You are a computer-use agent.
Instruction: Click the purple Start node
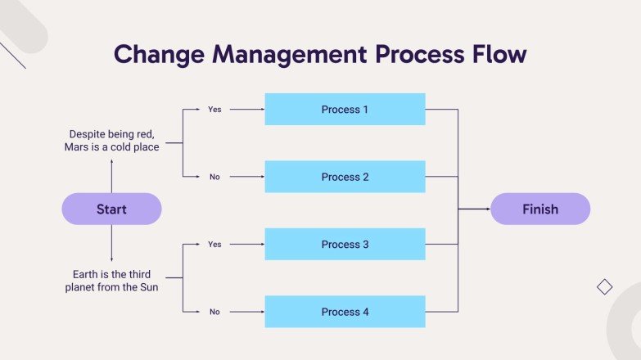(111, 209)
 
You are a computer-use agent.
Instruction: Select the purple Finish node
(539, 209)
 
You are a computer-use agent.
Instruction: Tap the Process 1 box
(345, 109)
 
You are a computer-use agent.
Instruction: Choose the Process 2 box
(345, 177)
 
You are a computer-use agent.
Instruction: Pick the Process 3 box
(345, 244)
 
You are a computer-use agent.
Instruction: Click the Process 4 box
(345, 312)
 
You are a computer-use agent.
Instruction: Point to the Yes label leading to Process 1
(214, 109)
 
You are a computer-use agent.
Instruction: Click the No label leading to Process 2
(214, 177)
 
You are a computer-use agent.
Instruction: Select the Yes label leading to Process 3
(214, 244)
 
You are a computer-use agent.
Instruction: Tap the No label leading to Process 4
(214, 312)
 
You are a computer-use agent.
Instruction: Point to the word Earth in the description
(84, 273)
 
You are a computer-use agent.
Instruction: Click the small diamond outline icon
(604, 286)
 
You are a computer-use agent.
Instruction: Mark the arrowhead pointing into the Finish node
(486, 209)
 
